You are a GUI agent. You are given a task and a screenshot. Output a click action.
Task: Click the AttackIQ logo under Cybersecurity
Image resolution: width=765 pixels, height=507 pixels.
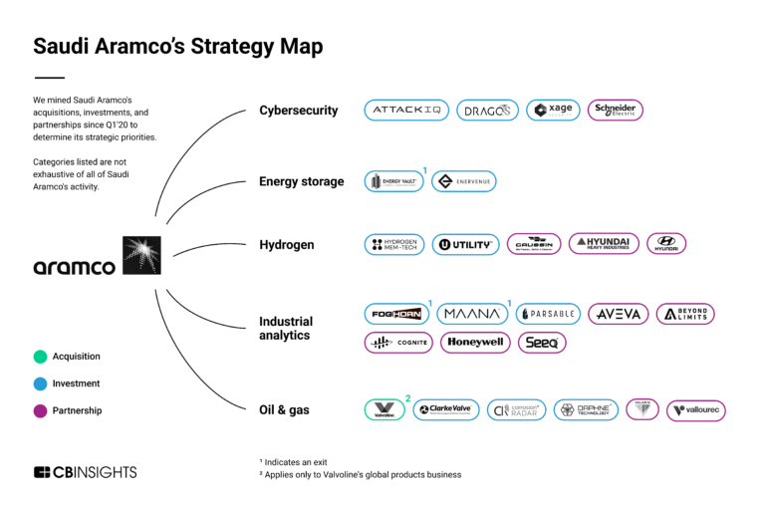click(x=406, y=111)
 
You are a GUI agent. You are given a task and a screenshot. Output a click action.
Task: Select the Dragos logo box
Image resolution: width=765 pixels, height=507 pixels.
click(x=488, y=111)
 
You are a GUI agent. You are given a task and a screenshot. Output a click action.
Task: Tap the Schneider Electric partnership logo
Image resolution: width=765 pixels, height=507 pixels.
click(x=615, y=111)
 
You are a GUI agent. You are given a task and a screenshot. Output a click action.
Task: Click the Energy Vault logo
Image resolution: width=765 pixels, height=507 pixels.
click(x=393, y=181)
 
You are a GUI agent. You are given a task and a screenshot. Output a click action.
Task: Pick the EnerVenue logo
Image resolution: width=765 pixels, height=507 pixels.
click(x=464, y=181)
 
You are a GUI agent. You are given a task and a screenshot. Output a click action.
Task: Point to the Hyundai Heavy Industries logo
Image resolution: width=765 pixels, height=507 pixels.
click(x=604, y=244)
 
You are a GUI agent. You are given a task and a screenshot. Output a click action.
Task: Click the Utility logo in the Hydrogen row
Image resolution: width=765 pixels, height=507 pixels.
click(x=465, y=244)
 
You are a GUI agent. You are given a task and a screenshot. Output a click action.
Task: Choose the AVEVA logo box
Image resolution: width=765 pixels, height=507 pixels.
click(x=618, y=314)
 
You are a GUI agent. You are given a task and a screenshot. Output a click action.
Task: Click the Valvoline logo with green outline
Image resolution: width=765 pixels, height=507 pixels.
click(x=383, y=409)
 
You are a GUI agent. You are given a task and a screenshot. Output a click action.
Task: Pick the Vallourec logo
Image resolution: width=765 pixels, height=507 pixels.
click(x=696, y=409)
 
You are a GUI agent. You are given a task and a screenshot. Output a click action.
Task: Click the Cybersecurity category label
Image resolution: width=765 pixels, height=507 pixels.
click(x=298, y=111)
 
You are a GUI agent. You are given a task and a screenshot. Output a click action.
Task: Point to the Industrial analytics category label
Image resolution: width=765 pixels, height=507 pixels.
click(x=286, y=328)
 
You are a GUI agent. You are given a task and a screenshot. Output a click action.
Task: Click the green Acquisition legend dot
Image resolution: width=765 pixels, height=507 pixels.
click(x=40, y=357)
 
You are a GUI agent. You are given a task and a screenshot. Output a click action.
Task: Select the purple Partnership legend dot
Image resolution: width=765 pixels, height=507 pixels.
click(x=40, y=410)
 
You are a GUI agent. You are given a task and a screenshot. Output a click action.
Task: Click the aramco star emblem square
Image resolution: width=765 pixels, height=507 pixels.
click(x=140, y=255)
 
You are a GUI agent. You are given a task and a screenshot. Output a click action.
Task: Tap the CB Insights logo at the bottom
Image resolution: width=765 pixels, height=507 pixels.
click(x=85, y=472)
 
